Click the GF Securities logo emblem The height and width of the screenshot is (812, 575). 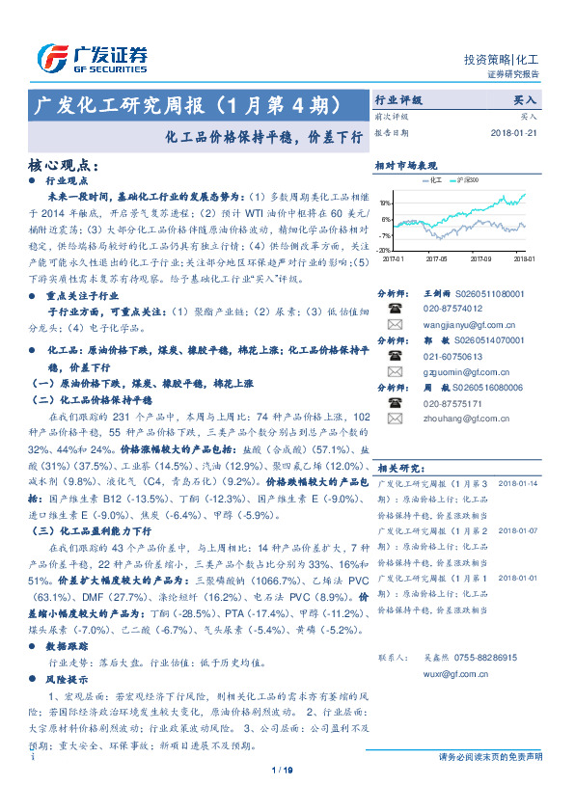[50, 57]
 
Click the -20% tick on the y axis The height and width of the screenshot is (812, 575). [384, 249]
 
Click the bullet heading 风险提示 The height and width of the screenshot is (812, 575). [68, 680]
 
